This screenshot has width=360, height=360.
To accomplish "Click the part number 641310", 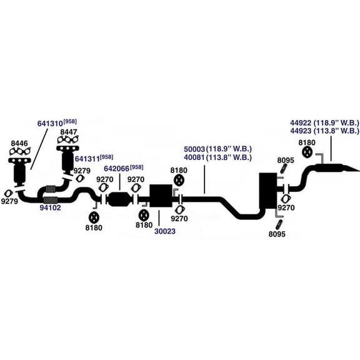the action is pyautogui.click(x=50, y=124).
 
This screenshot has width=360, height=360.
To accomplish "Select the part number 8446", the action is pyautogui.click(x=19, y=143).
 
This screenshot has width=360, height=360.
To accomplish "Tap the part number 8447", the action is pyautogui.click(x=69, y=132).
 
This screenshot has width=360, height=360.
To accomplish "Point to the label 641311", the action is pyautogui.click(x=87, y=159).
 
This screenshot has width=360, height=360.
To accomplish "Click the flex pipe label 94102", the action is pyautogui.click(x=50, y=207).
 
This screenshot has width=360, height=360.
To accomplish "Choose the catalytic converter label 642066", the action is pyautogui.click(x=116, y=169).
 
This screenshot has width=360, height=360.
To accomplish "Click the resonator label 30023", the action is pyautogui.click(x=165, y=231).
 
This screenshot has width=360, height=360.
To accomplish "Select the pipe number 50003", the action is pyautogui.click(x=194, y=149).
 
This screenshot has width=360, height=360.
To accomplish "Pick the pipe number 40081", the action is pyautogui.click(x=194, y=157).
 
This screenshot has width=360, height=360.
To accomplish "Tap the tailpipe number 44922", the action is pyautogui.click(x=301, y=122).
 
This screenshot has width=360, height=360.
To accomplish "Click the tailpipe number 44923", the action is pyautogui.click(x=301, y=131).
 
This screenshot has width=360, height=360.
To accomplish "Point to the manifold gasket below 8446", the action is pyautogui.click(x=20, y=151).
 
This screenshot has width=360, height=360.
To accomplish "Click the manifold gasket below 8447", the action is pyautogui.click(x=68, y=139).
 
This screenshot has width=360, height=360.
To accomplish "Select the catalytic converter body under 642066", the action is pyautogui.click(x=119, y=199).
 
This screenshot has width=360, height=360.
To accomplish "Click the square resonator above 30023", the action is pyautogui.click(x=161, y=196).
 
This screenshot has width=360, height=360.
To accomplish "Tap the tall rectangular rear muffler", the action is pyautogui.click(x=267, y=191).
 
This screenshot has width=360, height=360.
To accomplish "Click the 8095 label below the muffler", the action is pyautogui.click(x=277, y=234).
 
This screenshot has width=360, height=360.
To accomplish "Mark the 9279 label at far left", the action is pyautogui.click(x=9, y=201).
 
